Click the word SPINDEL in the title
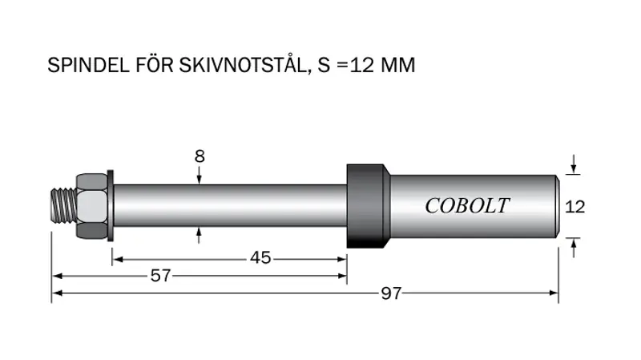tap(88, 65)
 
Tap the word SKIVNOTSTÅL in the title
tap(243, 64)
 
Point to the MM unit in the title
tap(397, 65)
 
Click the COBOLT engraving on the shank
tap(467, 205)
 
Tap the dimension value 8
tap(200, 156)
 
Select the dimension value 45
tap(260, 257)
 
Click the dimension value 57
tap(161, 276)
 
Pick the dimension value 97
tap(391, 293)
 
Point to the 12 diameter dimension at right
tap(574, 207)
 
